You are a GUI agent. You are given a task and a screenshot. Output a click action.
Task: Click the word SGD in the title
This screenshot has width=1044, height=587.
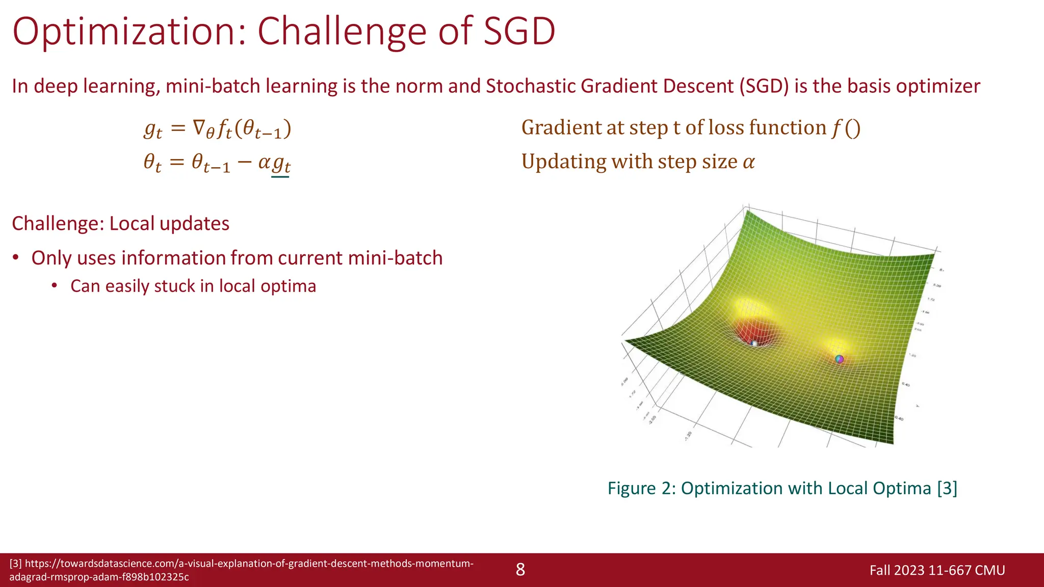click(519, 32)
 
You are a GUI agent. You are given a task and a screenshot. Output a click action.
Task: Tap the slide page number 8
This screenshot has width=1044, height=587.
click(520, 570)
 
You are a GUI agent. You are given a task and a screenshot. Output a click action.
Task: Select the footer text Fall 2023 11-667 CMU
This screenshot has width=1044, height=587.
click(937, 570)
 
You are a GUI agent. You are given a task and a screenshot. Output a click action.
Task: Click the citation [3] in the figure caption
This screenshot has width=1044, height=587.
click(947, 488)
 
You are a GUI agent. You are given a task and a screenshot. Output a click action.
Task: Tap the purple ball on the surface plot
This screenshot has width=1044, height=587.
click(840, 359)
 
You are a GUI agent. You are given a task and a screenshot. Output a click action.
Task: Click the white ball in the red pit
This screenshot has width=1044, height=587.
click(754, 344)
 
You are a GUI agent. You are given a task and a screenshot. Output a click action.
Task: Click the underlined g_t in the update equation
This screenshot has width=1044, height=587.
click(281, 164)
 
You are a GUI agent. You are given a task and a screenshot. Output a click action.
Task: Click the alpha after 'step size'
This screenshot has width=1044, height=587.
click(748, 162)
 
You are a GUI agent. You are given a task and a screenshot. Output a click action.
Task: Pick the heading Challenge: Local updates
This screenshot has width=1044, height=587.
click(120, 224)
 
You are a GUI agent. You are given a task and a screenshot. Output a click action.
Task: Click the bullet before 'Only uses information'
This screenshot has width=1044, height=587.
click(16, 258)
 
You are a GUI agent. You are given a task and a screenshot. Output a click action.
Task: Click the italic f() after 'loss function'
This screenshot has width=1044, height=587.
click(846, 128)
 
